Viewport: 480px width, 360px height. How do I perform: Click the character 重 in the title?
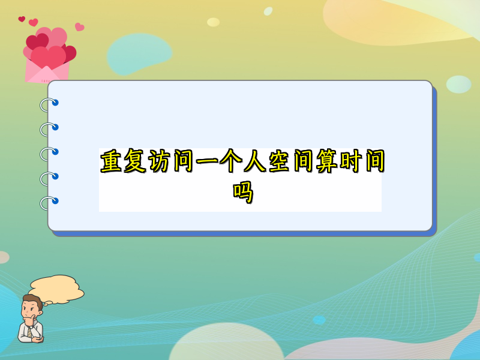click(111, 161)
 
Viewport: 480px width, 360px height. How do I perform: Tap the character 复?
click(134, 161)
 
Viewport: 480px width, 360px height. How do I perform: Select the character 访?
click(159, 161)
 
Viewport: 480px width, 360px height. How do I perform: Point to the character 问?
click(184, 161)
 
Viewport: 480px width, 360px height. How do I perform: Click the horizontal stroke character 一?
click(207, 161)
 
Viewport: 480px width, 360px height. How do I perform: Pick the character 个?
click(231, 161)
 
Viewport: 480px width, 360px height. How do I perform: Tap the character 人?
click(255, 161)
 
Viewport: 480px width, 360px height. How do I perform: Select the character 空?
click(279, 161)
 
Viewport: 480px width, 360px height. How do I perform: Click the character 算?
click(327, 161)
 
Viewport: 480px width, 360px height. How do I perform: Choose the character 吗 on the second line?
click(243, 192)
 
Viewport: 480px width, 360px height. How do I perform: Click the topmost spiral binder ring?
click(49, 104)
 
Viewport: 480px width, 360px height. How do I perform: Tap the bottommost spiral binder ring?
click(49, 203)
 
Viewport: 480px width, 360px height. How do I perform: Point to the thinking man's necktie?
click(30, 331)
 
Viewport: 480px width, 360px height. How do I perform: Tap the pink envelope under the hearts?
click(47, 71)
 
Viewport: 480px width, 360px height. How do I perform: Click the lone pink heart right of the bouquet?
click(80, 27)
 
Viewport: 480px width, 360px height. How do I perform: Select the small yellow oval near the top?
click(214, 22)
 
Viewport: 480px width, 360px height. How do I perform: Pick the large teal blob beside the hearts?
click(139, 54)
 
